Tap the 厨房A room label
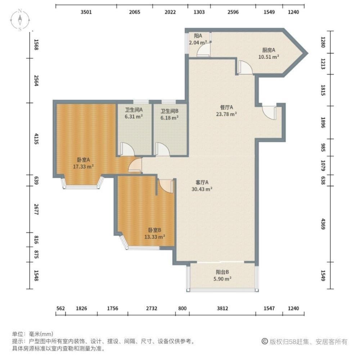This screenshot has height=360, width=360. pos(269,50)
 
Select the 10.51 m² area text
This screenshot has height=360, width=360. pos(269,57)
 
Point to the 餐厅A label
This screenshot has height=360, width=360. pos(227,107)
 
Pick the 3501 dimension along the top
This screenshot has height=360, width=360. pos(86,12)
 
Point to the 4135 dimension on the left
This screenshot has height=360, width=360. pos(36,138)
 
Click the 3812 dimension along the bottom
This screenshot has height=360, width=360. pos(222,309)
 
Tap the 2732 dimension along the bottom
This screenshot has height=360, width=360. pos(151,309)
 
